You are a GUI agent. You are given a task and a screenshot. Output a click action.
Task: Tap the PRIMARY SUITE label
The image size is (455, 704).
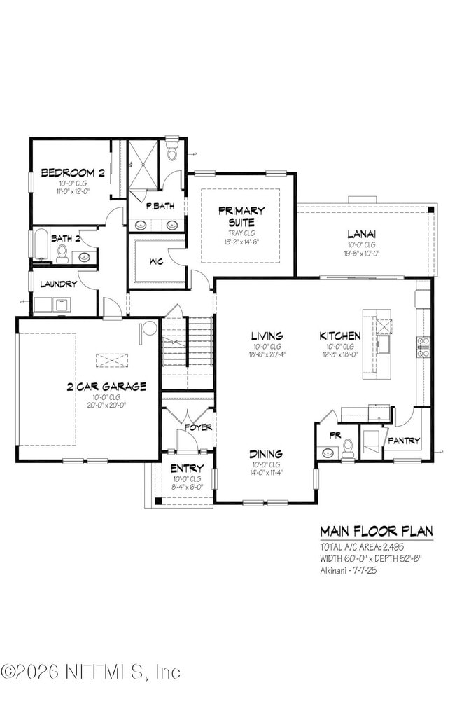pos(241,215)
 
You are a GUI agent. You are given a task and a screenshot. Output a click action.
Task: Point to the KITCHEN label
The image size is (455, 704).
pos(340,336)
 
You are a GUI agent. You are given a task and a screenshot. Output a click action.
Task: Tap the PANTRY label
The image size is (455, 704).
pos(404,441)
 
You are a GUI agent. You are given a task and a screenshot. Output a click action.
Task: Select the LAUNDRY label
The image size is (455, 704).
pos(58,284)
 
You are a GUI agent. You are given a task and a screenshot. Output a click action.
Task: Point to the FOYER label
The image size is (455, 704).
pos(198,427)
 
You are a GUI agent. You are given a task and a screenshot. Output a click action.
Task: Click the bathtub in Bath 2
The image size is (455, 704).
pos(41,245)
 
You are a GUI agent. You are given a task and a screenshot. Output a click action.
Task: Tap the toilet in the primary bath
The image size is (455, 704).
pos(172,151)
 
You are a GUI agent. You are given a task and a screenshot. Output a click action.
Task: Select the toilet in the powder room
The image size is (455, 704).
pos(347,449)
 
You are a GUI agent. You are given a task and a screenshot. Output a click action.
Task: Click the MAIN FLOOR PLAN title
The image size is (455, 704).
pos(376,531)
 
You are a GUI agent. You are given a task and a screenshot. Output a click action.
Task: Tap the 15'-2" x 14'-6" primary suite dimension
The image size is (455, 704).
pos(241,242)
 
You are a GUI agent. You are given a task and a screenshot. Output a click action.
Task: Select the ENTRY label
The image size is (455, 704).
pos(187,468)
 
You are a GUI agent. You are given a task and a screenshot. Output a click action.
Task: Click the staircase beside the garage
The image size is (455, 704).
pos(188,350)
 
